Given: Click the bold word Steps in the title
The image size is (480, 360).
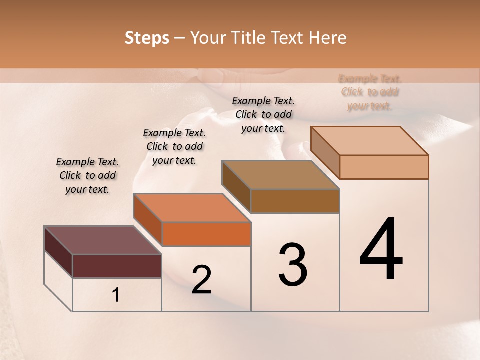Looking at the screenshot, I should pyautogui.click(x=147, y=38).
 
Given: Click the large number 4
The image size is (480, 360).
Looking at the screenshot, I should pyautogui.click(x=381, y=250).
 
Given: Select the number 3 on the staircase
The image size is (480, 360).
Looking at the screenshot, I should pyautogui.click(x=292, y=265).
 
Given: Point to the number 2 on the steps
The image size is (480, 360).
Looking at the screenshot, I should pyautogui.click(x=201, y=280).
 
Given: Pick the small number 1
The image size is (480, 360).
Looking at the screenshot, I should pyautogui.click(x=116, y=295).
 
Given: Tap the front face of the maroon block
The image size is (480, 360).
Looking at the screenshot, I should pyautogui.click(x=117, y=266).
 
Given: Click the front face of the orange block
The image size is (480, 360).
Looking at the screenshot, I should pyautogui.click(x=206, y=234).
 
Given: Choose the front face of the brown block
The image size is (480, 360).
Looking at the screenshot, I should pyautogui.click(x=295, y=201).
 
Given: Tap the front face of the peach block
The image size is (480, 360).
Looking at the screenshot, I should pyautogui.click(x=384, y=167).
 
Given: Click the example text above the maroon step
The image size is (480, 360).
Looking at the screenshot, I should pyautogui.click(x=87, y=175).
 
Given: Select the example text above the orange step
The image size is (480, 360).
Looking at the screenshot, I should pyautogui.click(x=174, y=146).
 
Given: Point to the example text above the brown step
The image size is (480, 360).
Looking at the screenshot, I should pyautogui.click(x=263, y=114).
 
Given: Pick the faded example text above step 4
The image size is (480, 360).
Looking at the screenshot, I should pyautogui.click(x=370, y=92).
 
